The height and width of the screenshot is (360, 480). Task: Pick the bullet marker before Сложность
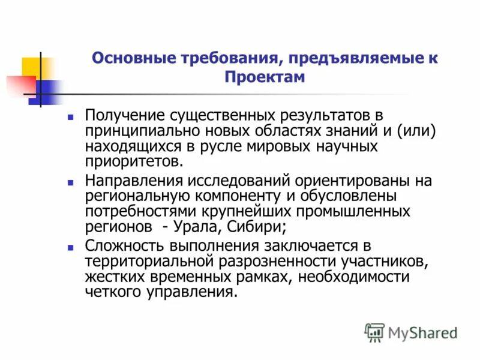[x=70, y=247]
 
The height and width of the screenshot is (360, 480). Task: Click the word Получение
[x=124, y=115]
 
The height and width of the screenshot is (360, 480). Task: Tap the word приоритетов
[x=132, y=161]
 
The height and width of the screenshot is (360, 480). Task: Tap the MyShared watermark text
[x=422, y=332]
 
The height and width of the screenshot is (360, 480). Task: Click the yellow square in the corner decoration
[x=31, y=67]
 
